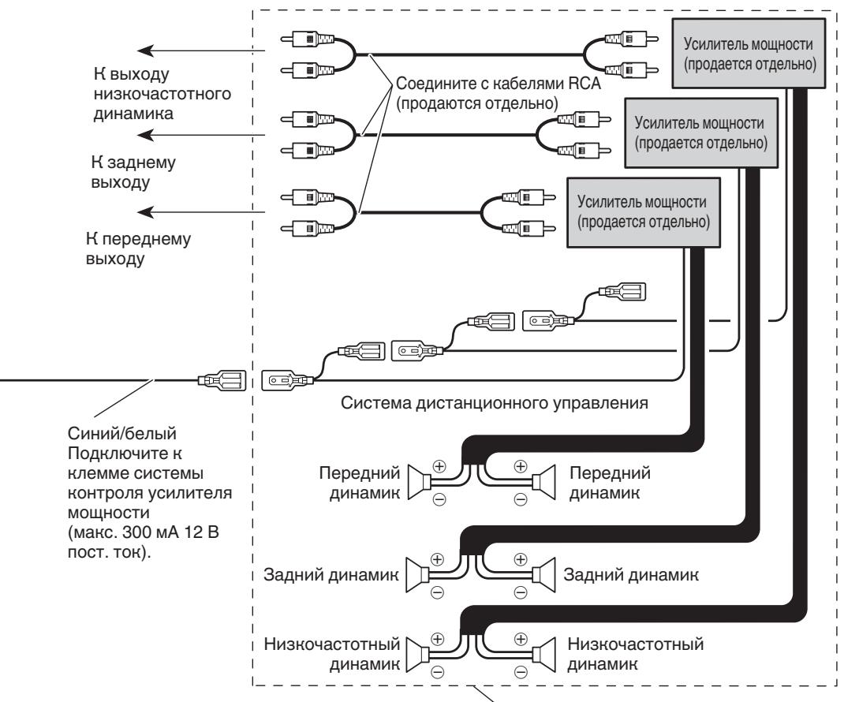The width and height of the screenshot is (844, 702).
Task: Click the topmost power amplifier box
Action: [749, 54]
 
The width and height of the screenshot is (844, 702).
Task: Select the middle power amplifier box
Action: [700, 133]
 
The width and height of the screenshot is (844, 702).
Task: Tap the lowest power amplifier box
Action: [644, 212]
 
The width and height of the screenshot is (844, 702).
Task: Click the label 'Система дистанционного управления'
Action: [494, 403]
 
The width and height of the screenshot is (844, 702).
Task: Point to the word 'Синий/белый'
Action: [122, 433]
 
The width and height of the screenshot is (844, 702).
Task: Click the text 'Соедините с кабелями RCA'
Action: [498, 84]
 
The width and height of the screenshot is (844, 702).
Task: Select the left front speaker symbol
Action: [418, 482]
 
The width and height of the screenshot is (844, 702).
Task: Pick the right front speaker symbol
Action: [543, 482]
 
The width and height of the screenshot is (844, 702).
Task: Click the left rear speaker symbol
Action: [417, 576]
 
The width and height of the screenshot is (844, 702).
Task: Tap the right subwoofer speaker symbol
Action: [543, 655]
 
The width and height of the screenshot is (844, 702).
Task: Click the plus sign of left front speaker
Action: [440, 466]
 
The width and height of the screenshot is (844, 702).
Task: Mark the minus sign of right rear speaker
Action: [521, 592]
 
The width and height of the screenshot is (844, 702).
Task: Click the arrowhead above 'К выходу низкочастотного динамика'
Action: [145, 51]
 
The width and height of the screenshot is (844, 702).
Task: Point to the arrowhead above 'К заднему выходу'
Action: [145, 135]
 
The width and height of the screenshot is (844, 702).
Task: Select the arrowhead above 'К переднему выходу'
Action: [145, 212]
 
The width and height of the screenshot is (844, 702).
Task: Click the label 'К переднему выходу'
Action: [138, 248]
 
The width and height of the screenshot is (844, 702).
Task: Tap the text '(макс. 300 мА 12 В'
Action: [144, 532]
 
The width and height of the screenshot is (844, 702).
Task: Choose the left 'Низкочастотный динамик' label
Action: [332, 654]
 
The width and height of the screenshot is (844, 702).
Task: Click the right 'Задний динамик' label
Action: [631, 574]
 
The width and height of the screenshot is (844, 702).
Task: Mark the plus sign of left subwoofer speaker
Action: [438, 639]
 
